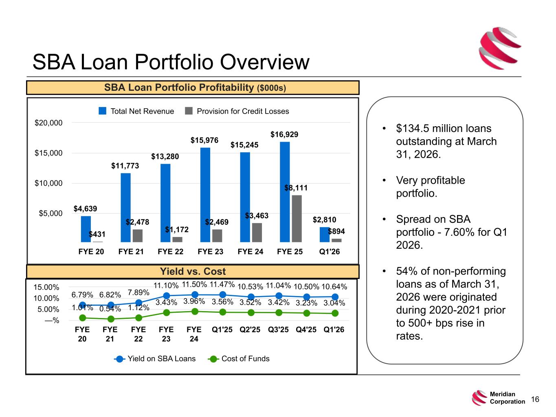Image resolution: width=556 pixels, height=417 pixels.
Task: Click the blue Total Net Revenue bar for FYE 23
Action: (x=205, y=195)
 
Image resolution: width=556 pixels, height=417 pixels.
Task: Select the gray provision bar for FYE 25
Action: (x=297, y=219)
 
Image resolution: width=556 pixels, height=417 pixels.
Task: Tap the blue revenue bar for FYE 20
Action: (x=86, y=229)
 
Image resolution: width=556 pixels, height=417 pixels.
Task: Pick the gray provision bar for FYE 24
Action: (x=257, y=233)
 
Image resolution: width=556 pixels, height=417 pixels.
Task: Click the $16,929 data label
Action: (x=284, y=134)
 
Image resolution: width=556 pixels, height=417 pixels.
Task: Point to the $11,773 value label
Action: (x=125, y=166)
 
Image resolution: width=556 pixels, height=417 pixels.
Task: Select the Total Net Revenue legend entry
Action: (x=136, y=111)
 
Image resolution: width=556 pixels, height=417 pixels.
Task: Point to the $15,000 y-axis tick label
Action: (x=48, y=153)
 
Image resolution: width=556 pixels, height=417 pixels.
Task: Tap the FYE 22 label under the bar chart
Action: (x=170, y=251)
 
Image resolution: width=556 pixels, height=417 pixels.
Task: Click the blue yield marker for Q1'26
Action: (x=335, y=297)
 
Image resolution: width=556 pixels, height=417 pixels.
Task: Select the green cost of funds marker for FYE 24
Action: (x=195, y=312)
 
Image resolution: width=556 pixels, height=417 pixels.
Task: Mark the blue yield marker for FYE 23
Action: (x=167, y=296)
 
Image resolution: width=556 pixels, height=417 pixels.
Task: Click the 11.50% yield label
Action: (x=194, y=284)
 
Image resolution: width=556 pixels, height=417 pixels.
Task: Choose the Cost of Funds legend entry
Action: (x=239, y=358)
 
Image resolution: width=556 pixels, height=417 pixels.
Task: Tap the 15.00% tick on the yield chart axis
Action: (x=46, y=287)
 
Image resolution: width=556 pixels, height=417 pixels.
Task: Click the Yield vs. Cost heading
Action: (x=193, y=271)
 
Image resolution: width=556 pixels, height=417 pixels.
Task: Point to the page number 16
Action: (x=535, y=399)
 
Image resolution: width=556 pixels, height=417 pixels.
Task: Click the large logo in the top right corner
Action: (x=500, y=48)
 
